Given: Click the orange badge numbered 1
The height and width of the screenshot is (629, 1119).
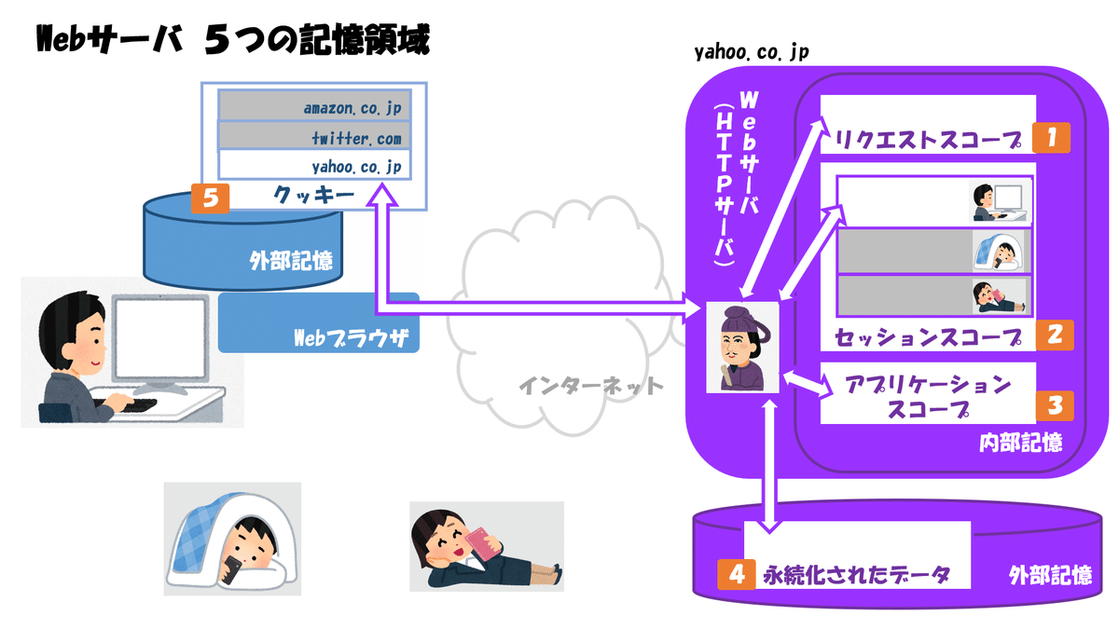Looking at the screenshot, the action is point(1051,137).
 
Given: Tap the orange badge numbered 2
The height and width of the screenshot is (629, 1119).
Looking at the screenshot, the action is point(1055,335).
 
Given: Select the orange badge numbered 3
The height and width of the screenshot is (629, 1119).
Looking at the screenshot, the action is point(1055,405).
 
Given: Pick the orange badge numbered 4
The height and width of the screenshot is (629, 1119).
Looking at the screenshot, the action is point(737,575).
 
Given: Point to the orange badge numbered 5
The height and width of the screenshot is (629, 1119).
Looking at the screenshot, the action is point(211,198).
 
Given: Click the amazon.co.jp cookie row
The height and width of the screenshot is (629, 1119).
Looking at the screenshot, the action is point(315,106).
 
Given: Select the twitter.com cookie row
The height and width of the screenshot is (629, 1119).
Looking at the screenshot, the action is point(315,135).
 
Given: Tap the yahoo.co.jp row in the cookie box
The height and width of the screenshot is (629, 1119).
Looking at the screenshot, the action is point(315,165).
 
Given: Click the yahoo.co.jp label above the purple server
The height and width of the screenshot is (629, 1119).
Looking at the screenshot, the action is point(752,52).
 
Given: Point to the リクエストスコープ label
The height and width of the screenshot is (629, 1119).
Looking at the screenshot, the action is point(928,140).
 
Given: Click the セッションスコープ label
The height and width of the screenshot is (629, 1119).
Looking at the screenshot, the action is point(928,337).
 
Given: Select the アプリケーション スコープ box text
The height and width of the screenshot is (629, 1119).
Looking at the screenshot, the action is point(928,397).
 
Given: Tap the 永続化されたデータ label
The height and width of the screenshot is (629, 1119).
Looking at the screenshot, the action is point(856,575).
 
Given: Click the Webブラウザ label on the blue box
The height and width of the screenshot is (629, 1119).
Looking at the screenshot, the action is point(351,338).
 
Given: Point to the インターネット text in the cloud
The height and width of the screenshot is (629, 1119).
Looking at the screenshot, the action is point(591,386).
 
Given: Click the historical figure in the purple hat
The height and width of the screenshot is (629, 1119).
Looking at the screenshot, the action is point(743,348).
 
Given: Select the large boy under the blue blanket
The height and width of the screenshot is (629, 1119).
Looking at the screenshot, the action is point(233,540).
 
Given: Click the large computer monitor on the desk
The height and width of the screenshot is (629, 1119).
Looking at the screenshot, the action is point(160,339).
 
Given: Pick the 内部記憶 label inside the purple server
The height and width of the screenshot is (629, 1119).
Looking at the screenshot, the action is point(1020,443).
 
